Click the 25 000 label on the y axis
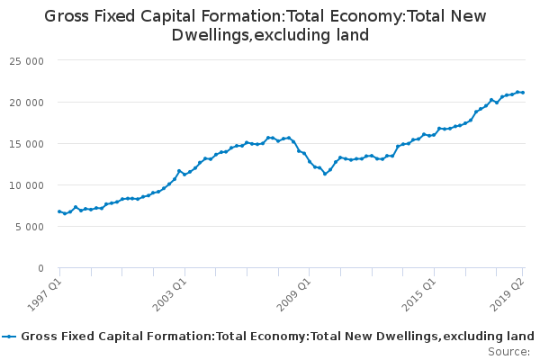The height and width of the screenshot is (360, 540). (x=26, y=61)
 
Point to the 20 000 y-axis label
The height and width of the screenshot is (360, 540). (x=26, y=103)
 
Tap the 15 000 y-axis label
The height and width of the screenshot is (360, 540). (x=26, y=144)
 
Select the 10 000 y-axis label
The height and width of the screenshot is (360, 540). (x=26, y=185)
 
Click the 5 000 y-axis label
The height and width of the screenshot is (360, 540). (x=30, y=227)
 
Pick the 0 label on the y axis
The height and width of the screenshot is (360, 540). (x=41, y=268)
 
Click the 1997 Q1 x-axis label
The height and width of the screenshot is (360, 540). (x=44, y=295)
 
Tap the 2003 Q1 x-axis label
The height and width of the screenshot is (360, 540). (x=169, y=295)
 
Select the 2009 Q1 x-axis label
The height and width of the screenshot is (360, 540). (x=293, y=295)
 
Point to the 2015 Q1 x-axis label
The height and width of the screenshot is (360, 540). (x=418, y=295)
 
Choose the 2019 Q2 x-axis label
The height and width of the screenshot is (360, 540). (x=507, y=295)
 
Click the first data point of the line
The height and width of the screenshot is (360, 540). (x=59, y=211)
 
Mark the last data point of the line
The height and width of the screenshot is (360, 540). (x=523, y=93)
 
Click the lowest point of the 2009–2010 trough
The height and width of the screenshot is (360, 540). (x=325, y=174)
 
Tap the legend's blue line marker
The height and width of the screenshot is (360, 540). (x=9, y=337)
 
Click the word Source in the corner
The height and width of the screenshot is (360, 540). (x=508, y=352)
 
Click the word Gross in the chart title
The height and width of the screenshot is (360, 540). (x=67, y=16)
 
